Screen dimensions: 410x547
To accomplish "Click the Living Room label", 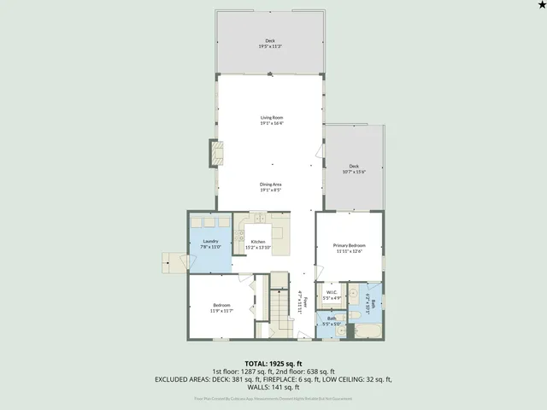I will [272, 120].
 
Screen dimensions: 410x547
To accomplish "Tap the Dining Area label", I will [272, 187].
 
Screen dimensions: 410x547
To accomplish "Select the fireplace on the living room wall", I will [216, 154].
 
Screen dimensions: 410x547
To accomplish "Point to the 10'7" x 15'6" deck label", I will [353, 169].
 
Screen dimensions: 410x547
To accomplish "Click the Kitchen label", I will [258, 243].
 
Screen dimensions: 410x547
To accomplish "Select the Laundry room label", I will [210, 243].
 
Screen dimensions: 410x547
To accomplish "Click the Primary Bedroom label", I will [349, 248].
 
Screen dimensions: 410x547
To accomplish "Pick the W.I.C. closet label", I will [332, 295].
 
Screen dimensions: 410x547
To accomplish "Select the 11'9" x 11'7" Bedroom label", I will [221, 307].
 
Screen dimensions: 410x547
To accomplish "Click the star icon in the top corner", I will [540, 6].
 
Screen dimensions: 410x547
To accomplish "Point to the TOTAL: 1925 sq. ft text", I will [273, 363].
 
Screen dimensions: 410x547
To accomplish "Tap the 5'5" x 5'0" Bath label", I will [332, 321].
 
